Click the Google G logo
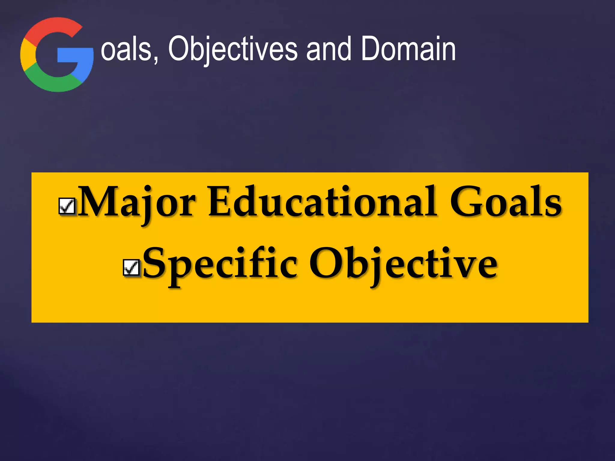point(57,54)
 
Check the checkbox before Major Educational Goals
point(67,206)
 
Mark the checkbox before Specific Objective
point(131,267)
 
